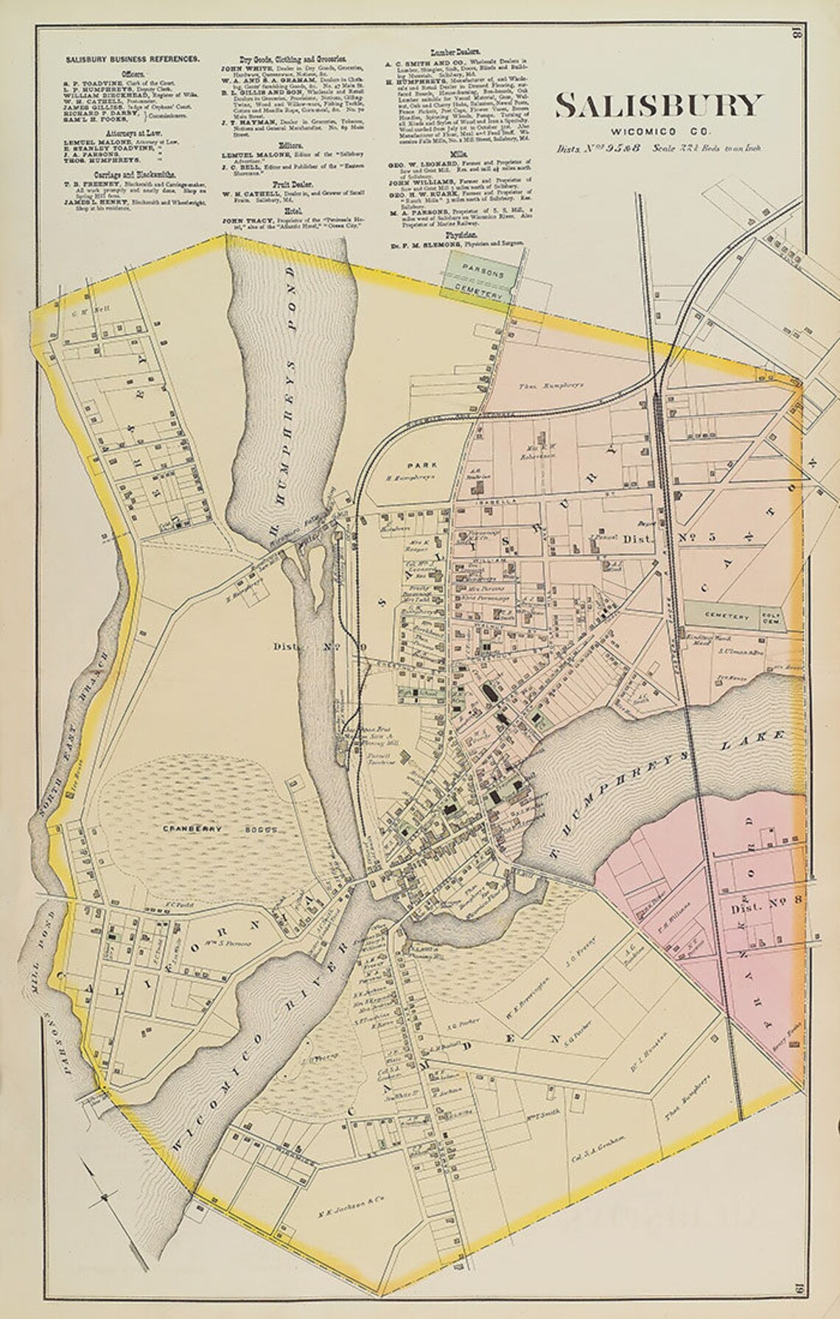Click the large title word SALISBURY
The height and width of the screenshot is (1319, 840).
657,105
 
